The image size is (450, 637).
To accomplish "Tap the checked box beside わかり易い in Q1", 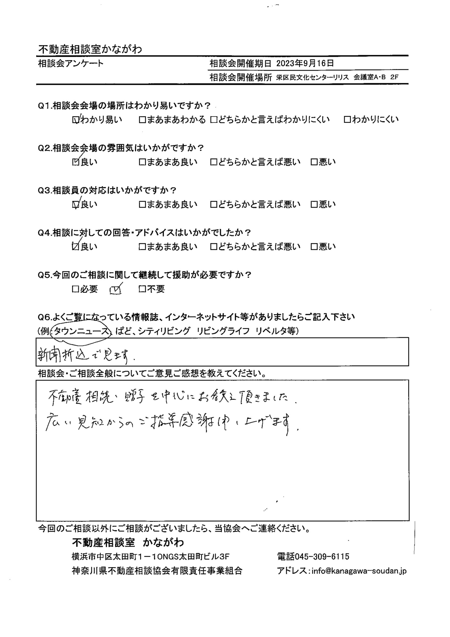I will (76, 120).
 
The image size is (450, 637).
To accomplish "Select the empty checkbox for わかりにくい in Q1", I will (347, 120).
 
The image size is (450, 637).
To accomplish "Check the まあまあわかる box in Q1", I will (142, 120).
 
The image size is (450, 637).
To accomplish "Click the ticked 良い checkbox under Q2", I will (76, 162).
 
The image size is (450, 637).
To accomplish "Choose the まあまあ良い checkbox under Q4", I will (142, 247).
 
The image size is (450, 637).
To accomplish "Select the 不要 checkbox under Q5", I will (142, 289).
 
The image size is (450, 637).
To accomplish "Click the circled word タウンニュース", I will (81, 331).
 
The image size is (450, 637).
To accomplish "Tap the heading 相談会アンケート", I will (71, 63).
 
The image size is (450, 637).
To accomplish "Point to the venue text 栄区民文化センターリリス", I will (312, 78).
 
